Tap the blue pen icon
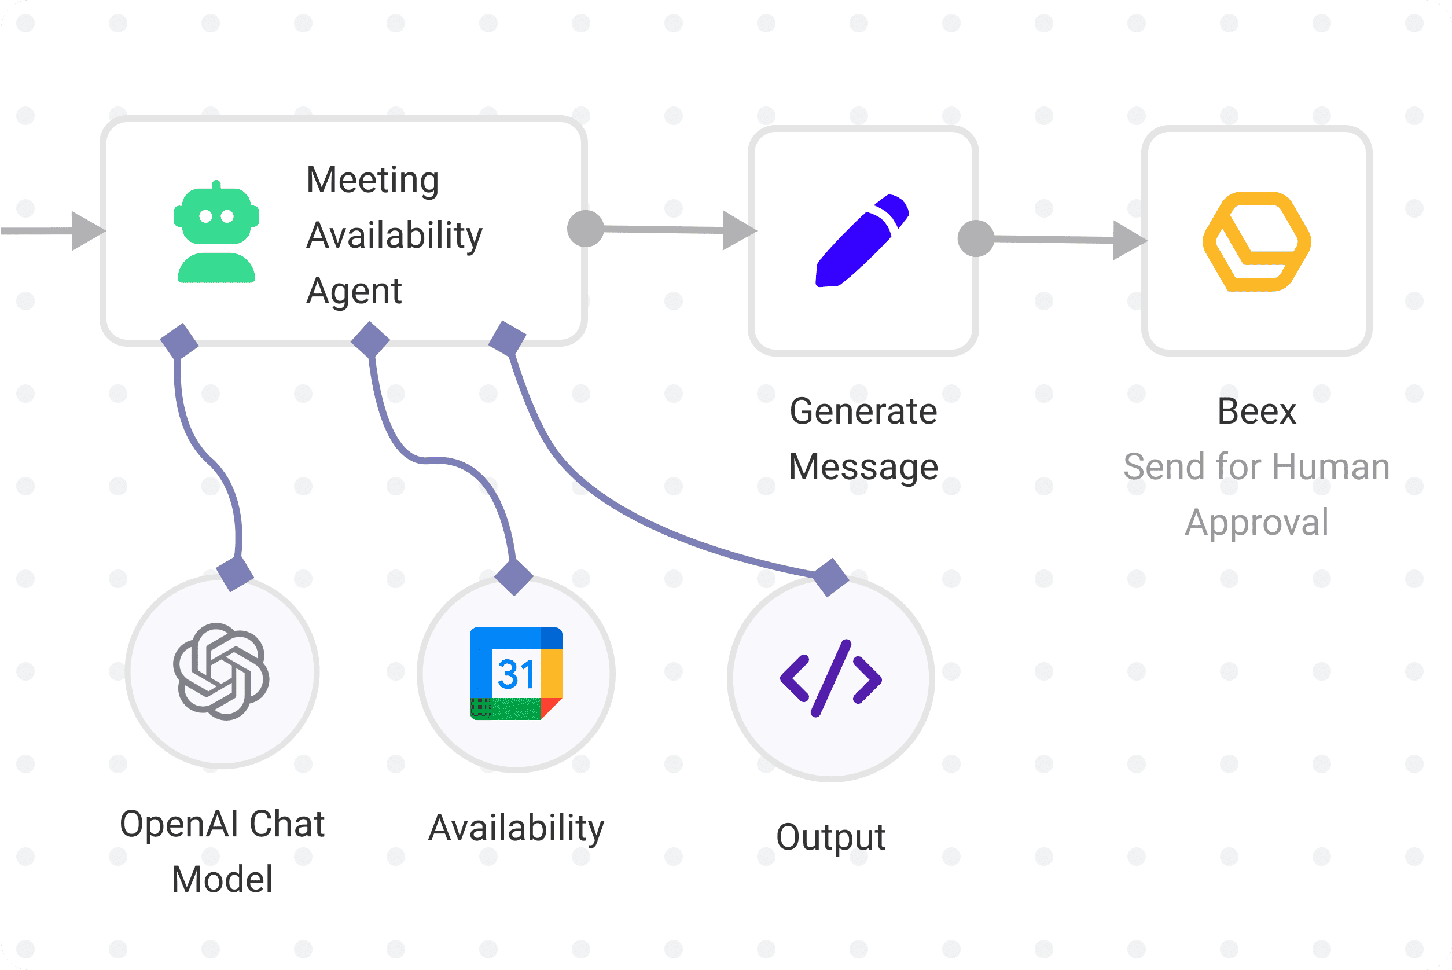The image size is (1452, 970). [862, 241]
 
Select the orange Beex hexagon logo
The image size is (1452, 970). [1256, 241]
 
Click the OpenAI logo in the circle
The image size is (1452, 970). [222, 671]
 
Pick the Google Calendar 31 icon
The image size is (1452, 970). [516, 674]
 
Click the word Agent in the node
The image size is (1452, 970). [354, 291]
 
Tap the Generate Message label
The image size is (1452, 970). [863, 439]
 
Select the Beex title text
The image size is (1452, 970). [1256, 411]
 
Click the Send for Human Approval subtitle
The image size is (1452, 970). [1256, 494]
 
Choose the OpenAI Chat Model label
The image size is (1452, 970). [222, 851]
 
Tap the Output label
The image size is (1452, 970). [830, 837]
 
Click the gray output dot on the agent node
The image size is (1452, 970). [585, 228]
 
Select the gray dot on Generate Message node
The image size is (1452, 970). [976, 238]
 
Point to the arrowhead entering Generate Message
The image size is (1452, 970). [738, 231]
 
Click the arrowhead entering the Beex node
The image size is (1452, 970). [1129, 240]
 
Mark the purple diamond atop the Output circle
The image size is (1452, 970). [830, 576]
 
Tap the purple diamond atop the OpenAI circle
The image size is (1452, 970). [235, 574]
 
